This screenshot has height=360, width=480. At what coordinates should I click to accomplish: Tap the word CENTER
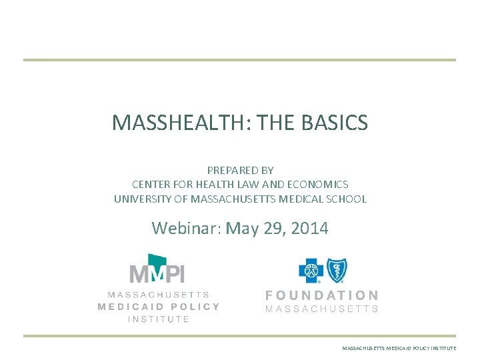150,185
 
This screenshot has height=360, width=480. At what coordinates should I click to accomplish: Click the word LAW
244,185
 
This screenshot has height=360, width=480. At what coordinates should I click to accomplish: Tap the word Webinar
186,229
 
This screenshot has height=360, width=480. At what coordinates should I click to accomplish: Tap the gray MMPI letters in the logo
157,274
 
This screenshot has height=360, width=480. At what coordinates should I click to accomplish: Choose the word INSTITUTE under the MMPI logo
159,319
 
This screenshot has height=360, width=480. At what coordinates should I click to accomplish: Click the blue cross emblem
311,271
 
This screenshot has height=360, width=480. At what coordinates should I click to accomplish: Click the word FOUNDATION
322,295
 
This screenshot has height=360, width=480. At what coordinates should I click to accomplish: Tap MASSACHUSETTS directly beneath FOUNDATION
322,309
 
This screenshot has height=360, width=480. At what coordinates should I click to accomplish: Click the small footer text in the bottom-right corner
399,349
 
